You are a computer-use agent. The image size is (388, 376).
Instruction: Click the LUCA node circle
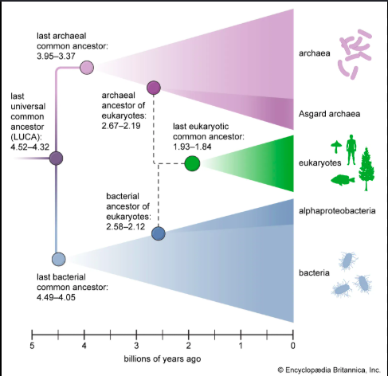click(x=57, y=159)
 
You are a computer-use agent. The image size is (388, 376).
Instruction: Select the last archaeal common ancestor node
click(x=87, y=67)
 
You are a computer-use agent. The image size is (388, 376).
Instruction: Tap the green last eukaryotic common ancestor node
click(x=192, y=163)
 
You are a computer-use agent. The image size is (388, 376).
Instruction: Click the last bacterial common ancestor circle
click(x=59, y=259)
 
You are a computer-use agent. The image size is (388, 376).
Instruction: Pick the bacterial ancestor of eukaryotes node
click(x=159, y=233)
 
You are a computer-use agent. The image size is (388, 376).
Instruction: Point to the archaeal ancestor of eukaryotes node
click(x=154, y=88)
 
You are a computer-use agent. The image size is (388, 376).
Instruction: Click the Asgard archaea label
click(x=329, y=114)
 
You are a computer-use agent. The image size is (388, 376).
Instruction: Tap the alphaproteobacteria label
click(x=337, y=211)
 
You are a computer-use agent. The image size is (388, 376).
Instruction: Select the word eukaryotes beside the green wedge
click(x=319, y=163)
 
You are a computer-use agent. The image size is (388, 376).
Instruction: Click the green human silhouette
click(x=351, y=150)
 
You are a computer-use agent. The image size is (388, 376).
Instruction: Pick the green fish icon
click(x=343, y=180)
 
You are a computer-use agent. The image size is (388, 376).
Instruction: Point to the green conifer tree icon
click(x=366, y=169)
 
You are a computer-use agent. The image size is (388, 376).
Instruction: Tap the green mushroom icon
click(x=336, y=147)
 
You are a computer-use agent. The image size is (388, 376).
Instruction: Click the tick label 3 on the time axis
click(x=136, y=346)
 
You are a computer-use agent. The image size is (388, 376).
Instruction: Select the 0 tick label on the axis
click(x=293, y=346)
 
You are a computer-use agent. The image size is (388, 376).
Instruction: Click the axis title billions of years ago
click(x=163, y=359)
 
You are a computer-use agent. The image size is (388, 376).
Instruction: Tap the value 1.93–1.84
click(x=192, y=147)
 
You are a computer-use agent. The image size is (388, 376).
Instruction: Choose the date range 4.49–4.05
click(x=56, y=297)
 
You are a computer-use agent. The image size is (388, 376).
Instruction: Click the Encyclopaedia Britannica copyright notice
click(x=329, y=370)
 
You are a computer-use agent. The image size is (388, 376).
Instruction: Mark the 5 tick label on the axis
click(x=32, y=346)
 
